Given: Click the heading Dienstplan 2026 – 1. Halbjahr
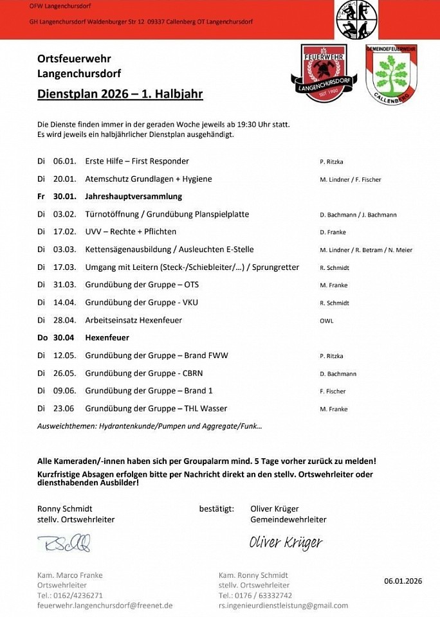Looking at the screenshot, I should (x=120, y=94).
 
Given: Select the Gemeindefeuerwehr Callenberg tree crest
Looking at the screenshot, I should (x=391, y=74).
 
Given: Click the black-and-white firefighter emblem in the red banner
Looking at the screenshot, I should (x=356, y=19).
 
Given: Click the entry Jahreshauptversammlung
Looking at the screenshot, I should (x=133, y=197).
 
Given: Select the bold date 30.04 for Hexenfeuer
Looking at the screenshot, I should (x=64, y=338).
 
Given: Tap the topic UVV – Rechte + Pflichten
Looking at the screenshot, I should (x=131, y=232).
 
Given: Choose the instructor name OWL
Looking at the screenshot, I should (x=326, y=321).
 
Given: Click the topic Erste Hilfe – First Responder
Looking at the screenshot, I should (x=137, y=161).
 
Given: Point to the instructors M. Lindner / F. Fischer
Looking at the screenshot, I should (x=350, y=180).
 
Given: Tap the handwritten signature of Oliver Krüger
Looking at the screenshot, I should (x=286, y=543).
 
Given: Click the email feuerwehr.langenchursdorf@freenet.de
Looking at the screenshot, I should (x=105, y=605).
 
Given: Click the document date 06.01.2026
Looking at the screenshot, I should (x=403, y=581).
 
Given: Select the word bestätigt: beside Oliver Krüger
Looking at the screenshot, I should (x=216, y=509).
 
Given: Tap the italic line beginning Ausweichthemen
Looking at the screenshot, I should (x=149, y=426).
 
